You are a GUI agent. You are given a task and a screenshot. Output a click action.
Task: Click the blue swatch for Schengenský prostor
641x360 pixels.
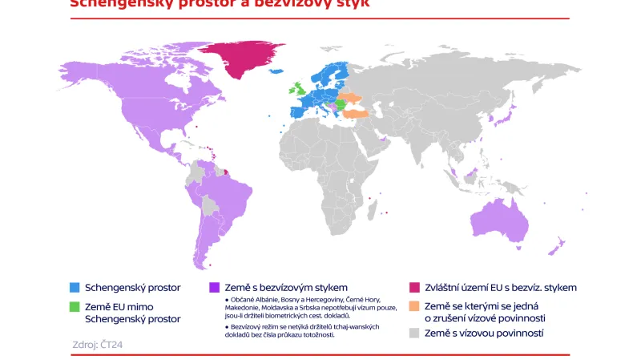point(75,287)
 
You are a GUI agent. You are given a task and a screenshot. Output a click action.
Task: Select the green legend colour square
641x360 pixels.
point(75,306)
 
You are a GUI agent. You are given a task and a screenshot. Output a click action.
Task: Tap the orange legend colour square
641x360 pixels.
point(414,306)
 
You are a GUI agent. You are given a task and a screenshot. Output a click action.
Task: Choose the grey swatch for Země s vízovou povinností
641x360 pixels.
point(414,332)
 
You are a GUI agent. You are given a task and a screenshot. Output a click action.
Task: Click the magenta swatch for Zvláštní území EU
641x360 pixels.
point(414,287)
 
